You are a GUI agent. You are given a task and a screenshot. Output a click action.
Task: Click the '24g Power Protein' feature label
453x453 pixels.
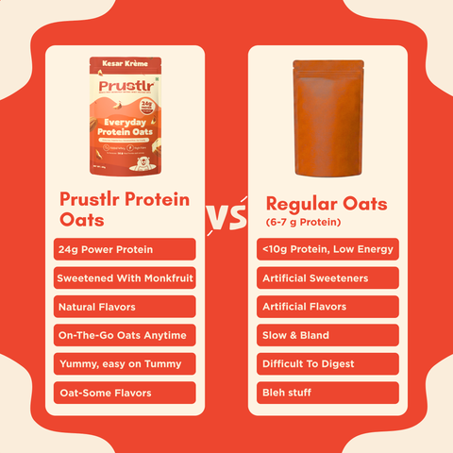pos(126,249)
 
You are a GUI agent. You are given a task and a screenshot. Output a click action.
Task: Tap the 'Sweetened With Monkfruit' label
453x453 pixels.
pos(126,278)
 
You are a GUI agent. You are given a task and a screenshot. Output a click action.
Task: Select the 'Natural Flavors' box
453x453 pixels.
pos(126,307)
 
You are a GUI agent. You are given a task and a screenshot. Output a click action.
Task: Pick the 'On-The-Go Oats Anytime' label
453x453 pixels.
pos(126,335)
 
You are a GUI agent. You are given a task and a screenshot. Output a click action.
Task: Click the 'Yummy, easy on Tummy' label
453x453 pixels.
pos(126,363)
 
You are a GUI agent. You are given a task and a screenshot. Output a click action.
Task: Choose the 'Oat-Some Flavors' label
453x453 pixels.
pos(126,393)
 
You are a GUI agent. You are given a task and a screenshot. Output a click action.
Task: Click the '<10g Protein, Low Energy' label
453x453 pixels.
pos(327,249)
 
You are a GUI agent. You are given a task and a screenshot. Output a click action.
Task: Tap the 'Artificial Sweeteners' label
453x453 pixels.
pos(327,278)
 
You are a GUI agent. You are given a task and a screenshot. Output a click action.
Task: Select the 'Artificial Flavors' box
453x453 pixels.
pos(327,307)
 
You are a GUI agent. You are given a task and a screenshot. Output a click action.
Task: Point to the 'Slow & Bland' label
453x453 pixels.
pos(327,335)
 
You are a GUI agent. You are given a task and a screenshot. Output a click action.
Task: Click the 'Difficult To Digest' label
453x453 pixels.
pos(327,363)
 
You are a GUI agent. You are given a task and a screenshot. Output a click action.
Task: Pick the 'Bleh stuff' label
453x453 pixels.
pos(327,393)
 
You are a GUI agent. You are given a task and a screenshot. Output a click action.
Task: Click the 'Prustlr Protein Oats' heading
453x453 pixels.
pos(124,209)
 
